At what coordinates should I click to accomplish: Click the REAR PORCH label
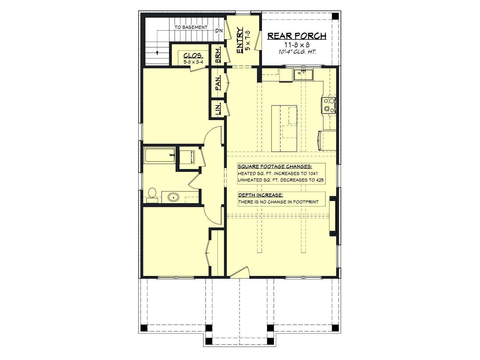point(297,36)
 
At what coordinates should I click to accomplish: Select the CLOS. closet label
point(193,55)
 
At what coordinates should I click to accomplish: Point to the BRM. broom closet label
point(218,55)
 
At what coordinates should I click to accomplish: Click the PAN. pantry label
point(218,82)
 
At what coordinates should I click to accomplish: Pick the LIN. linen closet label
point(218,109)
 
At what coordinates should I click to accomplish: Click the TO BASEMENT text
point(191,27)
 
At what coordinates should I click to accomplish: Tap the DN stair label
point(219,31)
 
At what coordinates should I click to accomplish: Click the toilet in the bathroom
point(152,195)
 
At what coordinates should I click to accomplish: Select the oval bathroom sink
point(173,197)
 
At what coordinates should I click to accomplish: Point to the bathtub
point(160,155)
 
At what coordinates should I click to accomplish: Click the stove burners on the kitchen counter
point(329,105)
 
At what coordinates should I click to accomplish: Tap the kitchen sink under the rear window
point(303,75)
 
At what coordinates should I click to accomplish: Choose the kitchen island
point(284,128)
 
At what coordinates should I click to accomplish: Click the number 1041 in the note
point(313,174)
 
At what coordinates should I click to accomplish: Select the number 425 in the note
point(320,180)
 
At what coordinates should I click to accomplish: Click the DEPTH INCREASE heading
point(261,195)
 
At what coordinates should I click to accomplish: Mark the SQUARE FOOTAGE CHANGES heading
point(275,166)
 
